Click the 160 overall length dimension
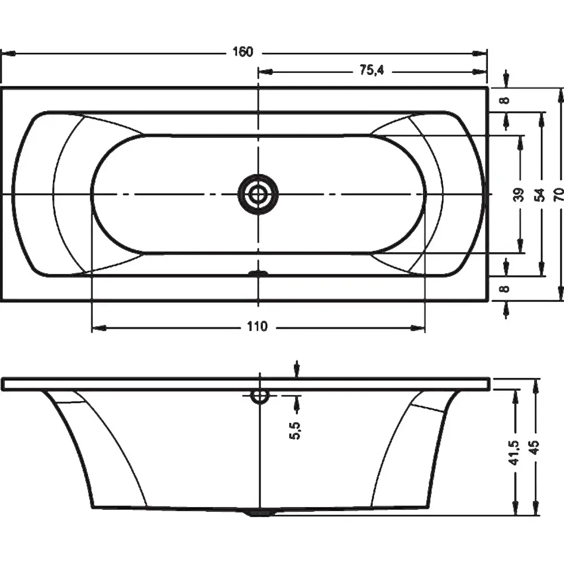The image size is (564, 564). pos(243,52)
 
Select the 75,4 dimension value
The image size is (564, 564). pos(372,70)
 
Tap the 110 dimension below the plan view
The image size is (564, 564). pos(257,327)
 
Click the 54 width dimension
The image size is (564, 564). pos(540,195)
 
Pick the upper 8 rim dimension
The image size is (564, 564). pos(506,100)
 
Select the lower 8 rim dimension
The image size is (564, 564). pos(506,288)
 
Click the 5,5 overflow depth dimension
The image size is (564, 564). pos(294,430)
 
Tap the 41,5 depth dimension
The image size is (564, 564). pos(515,452)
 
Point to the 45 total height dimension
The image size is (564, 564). pos(535,448)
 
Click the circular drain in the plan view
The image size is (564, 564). pos(258,195)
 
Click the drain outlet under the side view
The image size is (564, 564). pos(259,513)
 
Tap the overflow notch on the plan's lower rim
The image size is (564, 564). pos(258,274)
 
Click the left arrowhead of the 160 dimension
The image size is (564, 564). pos(8,53)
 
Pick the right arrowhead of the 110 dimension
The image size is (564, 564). pos(418,328)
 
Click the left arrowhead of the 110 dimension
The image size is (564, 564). pos(99,328)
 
